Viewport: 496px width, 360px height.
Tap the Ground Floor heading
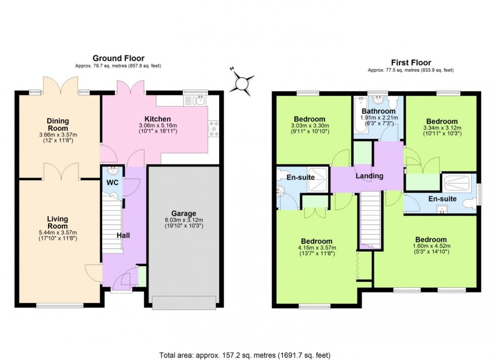(118, 59)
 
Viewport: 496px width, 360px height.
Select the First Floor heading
(410, 63)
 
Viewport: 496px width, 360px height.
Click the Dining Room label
(57, 124)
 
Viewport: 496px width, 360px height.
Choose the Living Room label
(57, 222)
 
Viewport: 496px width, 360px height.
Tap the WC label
(112, 182)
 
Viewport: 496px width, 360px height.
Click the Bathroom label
(378, 111)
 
